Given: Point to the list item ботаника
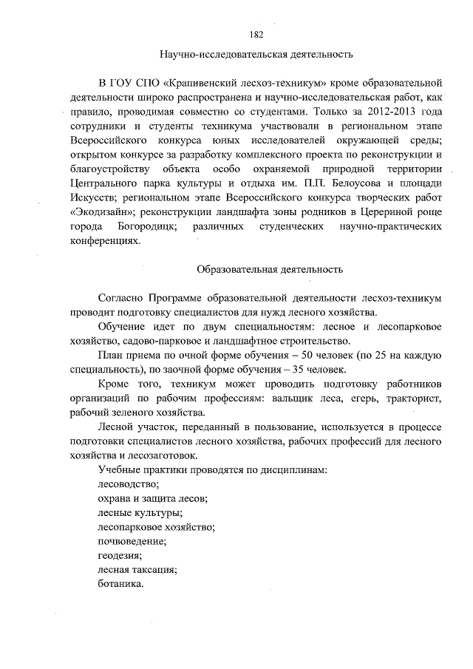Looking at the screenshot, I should click(x=120, y=583).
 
